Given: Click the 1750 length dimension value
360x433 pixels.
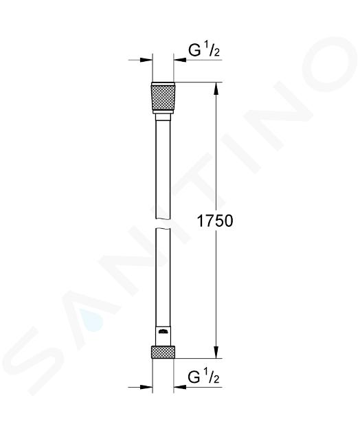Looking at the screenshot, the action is click(215, 221).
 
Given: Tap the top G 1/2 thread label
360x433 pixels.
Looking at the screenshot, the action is click(204, 50).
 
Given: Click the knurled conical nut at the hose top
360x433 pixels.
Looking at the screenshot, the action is click(163, 98).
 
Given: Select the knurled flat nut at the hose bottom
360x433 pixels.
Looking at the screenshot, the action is click(163, 352).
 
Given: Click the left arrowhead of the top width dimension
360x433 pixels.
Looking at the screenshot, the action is click(146, 60).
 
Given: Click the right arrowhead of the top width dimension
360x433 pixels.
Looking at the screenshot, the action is click(180, 60).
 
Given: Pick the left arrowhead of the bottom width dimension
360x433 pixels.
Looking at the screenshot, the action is click(146, 387).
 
